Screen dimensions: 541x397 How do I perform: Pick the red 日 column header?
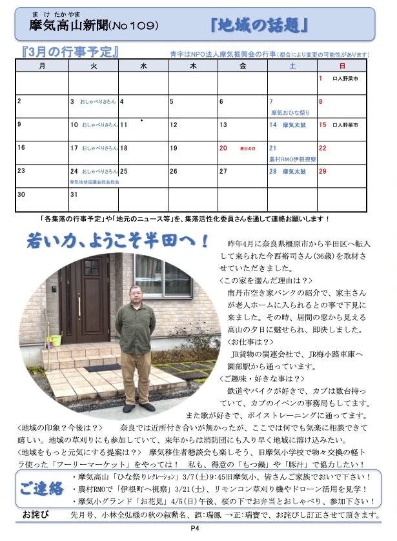coord(341,65)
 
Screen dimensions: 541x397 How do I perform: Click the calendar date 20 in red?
coord(223,148)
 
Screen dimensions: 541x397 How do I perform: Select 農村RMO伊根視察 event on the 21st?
coord(291,158)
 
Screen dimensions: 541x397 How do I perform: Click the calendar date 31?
coord(74,194)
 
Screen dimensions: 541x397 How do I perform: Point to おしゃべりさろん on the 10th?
coord(99,125)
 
